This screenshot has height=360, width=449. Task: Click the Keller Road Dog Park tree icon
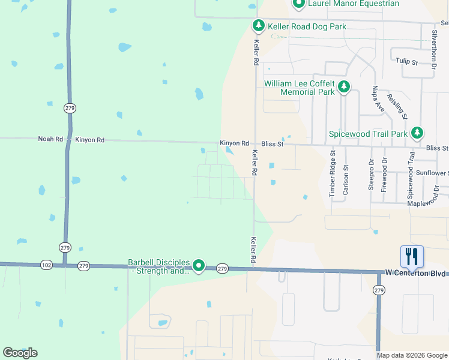(x=258, y=26)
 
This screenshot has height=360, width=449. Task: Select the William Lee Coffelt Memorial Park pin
(x=344, y=88)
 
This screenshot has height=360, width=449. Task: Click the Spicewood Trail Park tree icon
(x=417, y=133)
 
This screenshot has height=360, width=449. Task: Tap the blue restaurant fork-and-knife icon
(x=412, y=256)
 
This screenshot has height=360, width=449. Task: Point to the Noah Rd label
(x=50, y=139)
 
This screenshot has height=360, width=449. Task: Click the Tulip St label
(x=406, y=61)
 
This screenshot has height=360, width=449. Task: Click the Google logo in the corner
(x=20, y=353)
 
